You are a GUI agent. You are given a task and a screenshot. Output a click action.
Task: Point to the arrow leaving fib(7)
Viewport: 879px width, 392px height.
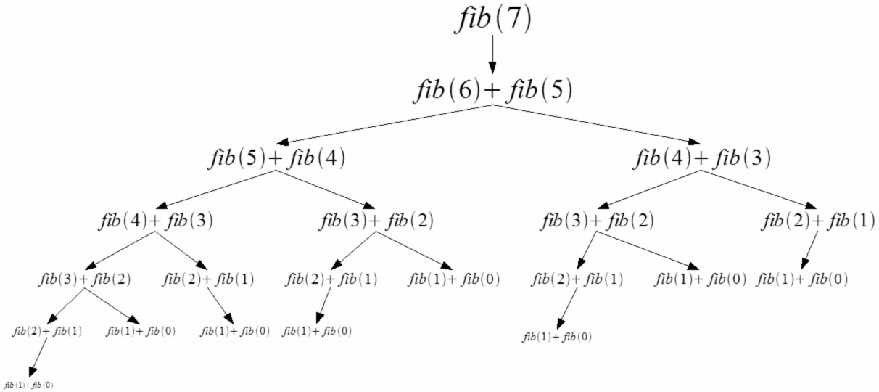point(493,54)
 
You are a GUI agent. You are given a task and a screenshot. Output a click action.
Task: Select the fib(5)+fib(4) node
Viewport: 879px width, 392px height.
point(276,157)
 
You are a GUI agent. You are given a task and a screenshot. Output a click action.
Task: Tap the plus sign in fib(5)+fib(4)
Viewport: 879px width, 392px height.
point(276,158)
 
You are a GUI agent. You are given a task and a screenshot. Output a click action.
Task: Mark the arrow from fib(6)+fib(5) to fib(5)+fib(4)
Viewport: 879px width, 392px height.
point(384,123)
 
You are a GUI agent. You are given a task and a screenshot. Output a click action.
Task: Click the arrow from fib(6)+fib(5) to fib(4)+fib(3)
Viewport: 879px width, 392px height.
point(602,123)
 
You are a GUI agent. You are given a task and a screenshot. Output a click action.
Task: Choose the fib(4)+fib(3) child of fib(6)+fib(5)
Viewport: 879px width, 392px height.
point(702,157)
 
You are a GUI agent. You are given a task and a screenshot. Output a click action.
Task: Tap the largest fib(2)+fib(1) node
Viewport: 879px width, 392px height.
point(818,221)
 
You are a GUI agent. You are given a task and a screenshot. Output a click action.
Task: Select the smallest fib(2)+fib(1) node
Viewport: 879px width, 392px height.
point(47,332)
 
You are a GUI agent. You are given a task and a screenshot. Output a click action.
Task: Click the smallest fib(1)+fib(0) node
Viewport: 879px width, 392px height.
point(29,384)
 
